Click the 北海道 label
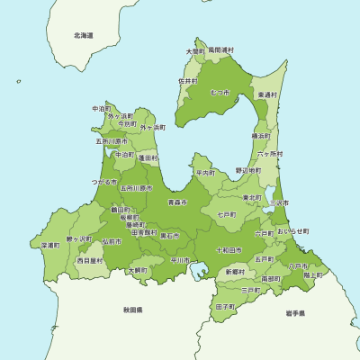click(84, 35)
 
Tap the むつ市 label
click(220, 93)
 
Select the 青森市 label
click(176, 203)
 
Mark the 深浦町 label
click(49, 245)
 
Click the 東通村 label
click(267, 94)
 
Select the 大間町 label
click(195, 51)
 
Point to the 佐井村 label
click(188, 81)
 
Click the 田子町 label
click(225, 307)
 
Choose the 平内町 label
click(206, 172)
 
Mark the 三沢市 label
click(280, 203)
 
